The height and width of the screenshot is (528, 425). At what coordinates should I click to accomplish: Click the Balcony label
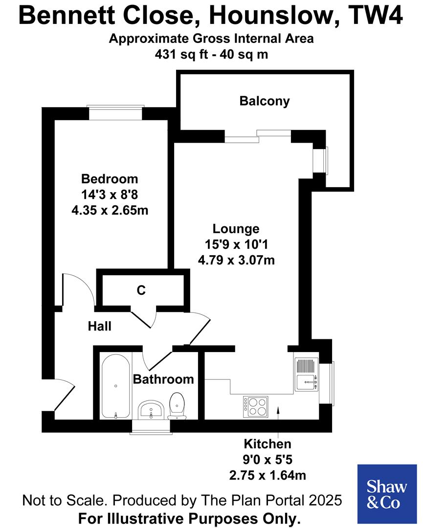click(265, 101)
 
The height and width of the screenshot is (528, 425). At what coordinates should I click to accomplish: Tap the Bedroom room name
click(110, 179)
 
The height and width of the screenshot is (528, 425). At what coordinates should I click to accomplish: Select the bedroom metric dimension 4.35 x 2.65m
click(110, 211)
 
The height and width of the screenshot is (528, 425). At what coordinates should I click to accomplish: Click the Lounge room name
click(236, 229)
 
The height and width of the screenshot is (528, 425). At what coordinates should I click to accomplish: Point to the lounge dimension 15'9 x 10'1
click(236, 244)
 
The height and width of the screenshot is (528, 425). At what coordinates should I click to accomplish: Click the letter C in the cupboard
click(141, 290)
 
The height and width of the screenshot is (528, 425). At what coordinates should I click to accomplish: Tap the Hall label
click(100, 326)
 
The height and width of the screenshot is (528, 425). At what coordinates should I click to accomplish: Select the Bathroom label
click(163, 379)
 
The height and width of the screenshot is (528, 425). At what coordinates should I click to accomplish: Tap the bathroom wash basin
click(151, 410)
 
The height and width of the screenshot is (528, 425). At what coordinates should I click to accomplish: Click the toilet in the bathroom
click(177, 406)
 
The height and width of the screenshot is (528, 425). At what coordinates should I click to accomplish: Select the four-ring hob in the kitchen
click(256, 405)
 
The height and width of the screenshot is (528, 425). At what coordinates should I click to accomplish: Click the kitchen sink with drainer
click(307, 374)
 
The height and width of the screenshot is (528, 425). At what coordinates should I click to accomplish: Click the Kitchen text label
click(268, 444)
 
